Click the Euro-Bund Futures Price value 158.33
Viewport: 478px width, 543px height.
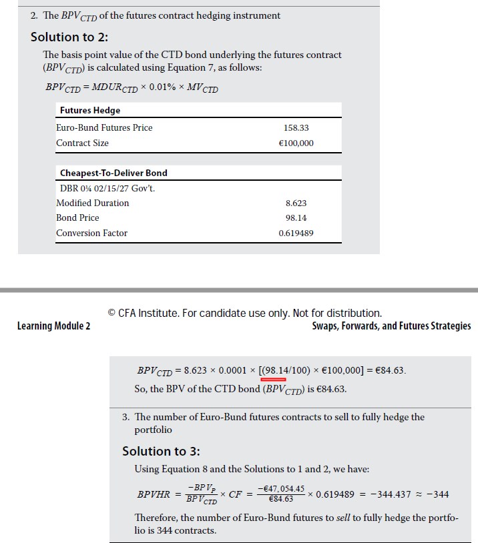pos(296,127)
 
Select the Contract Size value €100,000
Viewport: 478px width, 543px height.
pos(296,143)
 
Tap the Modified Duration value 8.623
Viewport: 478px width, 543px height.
pos(296,203)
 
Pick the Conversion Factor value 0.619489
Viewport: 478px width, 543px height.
pos(296,233)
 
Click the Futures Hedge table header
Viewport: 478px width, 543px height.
pos(90,110)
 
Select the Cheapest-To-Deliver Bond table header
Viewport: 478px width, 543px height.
pos(113,173)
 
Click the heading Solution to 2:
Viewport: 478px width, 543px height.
pos(69,37)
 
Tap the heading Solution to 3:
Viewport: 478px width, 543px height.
pos(161,451)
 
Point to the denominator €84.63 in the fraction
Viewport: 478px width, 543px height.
pos(280,499)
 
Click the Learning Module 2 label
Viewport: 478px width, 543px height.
pos(54,326)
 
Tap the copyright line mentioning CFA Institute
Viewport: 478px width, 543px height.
pos(244,313)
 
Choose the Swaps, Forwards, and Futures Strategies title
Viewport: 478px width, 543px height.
pos(391,326)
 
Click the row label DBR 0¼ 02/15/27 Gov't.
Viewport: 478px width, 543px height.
pos(107,188)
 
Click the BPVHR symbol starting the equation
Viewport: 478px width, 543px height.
pos(154,494)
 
